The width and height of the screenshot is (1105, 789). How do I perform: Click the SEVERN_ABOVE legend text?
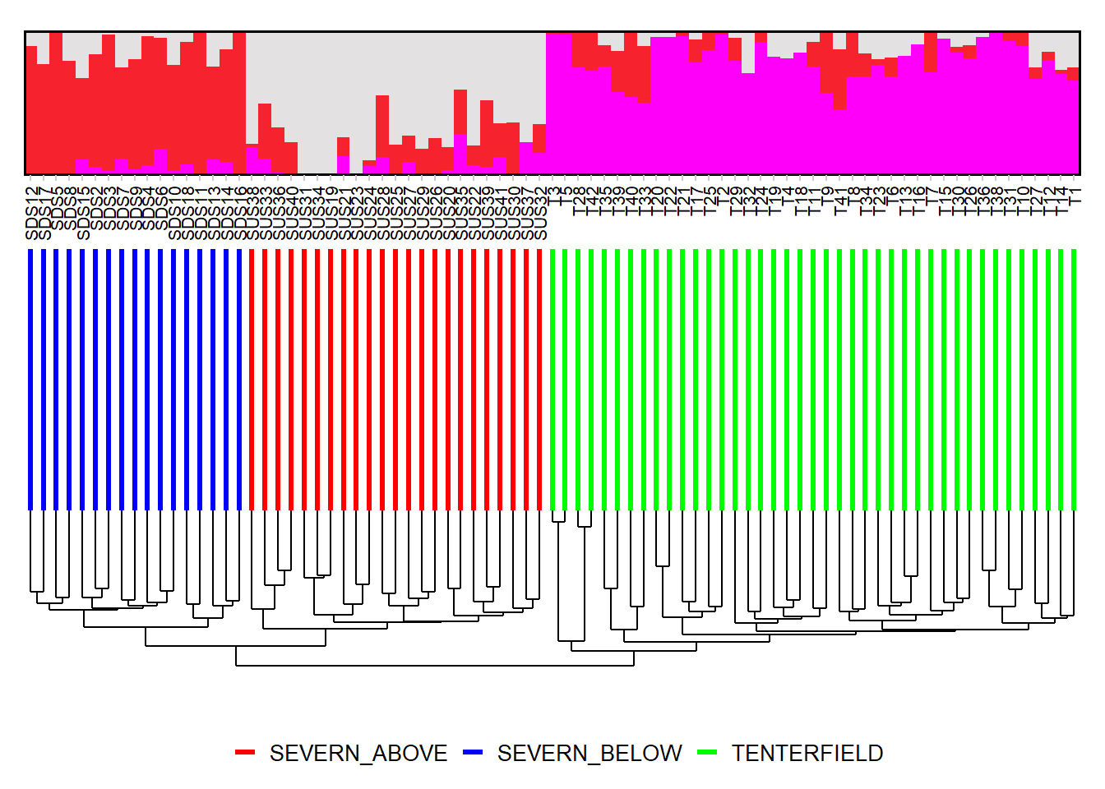[358, 753]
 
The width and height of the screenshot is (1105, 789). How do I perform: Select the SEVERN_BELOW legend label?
[589, 753]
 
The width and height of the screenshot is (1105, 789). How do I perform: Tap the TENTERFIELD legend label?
[807, 753]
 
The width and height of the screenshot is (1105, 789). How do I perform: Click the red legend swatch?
[245, 753]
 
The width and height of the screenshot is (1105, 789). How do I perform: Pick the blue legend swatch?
[473, 753]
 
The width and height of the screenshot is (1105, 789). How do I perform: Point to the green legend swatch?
[707, 753]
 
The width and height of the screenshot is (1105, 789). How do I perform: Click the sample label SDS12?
[32, 213]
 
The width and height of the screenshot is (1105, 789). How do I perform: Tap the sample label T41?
[839, 201]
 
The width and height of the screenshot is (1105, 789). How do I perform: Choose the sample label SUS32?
[540, 213]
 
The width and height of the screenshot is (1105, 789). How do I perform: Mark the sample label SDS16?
[240, 213]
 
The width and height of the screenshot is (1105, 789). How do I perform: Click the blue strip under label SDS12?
[31, 378]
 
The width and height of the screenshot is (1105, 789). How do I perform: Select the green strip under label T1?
[1074, 378]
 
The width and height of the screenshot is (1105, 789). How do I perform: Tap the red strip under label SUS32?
[539, 378]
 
